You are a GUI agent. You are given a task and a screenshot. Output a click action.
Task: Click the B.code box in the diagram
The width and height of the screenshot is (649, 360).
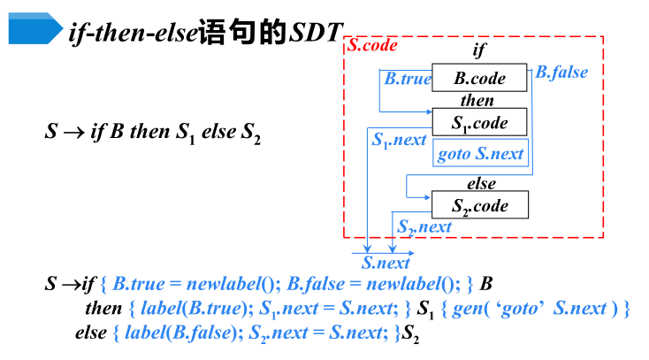(479, 78)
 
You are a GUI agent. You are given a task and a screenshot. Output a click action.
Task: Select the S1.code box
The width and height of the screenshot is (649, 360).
(480, 122)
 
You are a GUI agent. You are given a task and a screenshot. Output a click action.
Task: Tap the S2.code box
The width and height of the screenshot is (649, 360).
(480, 206)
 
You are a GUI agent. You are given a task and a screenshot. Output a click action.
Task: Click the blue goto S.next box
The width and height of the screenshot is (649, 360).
(480, 154)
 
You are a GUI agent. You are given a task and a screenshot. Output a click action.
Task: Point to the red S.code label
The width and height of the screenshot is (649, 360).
(372, 45)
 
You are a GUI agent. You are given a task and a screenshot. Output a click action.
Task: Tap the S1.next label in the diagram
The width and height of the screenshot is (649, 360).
(399, 140)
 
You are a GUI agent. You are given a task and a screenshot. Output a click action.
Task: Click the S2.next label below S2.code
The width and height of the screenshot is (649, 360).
(424, 227)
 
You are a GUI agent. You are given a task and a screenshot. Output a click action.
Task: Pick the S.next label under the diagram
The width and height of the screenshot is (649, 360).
(386, 263)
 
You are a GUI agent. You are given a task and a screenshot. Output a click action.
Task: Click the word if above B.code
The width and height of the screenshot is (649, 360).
(479, 51)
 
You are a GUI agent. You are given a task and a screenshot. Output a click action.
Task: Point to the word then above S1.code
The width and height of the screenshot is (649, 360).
(477, 100)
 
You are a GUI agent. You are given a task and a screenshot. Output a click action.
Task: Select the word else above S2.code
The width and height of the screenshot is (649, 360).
(481, 184)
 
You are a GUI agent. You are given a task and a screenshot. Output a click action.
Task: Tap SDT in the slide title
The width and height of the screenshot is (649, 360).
(315, 34)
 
